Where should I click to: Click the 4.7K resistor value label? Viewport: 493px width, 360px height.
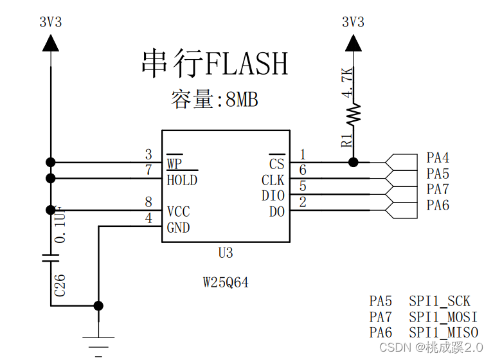[348, 82]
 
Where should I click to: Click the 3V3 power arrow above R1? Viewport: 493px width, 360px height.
[353, 43]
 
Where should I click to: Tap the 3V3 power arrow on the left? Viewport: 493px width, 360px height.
[50, 43]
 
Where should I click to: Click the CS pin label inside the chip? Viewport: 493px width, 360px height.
[276, 164]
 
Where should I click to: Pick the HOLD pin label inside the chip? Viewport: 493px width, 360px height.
[182, 180]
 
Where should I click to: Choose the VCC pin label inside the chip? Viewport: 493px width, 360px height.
[178, 212]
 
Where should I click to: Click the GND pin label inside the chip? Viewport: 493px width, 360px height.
[178, 228]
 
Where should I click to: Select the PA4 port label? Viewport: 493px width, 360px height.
[438, 158]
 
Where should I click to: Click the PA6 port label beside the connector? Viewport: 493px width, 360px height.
[438, 206]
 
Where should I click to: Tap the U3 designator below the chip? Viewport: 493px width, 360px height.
[225, 253]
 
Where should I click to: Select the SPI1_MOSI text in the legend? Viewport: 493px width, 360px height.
[444, 317]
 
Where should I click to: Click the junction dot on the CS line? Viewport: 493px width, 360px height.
[353, 162]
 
